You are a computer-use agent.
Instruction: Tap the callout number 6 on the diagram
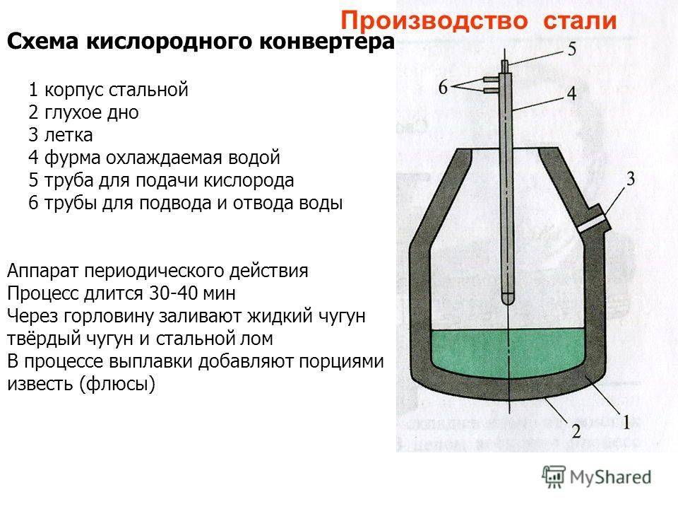point(444,88)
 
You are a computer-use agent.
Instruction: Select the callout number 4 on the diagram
point(571,93)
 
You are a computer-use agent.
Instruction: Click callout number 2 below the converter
point(576,431)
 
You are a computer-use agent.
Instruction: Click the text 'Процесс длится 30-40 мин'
point(124,293)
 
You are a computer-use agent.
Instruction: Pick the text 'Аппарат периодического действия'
point(158,270)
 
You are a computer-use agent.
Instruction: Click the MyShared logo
point(598,476)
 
